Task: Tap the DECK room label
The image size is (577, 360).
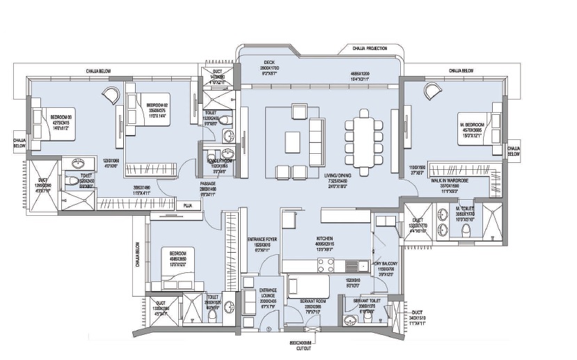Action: pos(269,61)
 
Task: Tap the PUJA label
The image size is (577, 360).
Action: pos(187,206)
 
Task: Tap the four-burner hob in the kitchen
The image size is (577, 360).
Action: pos(326,265)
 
